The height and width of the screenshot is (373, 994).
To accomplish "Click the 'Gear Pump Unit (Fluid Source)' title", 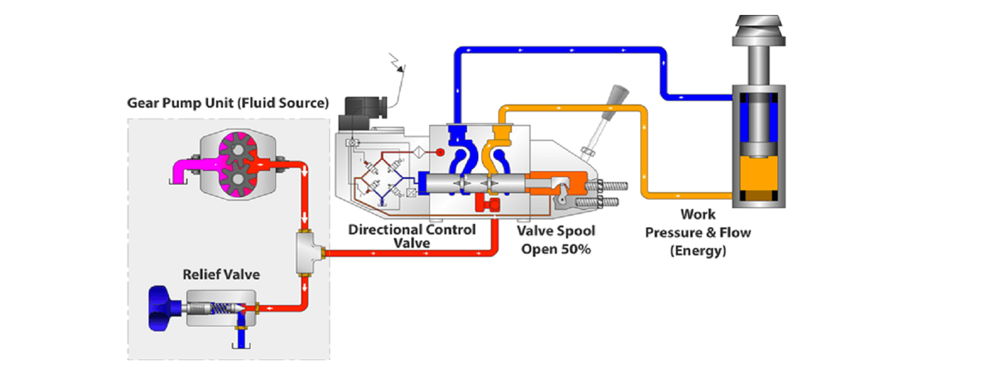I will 228,103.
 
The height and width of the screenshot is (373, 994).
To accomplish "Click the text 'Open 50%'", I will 555,249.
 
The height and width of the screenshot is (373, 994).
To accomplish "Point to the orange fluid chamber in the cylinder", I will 755,173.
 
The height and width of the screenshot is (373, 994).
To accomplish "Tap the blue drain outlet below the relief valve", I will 241,335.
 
